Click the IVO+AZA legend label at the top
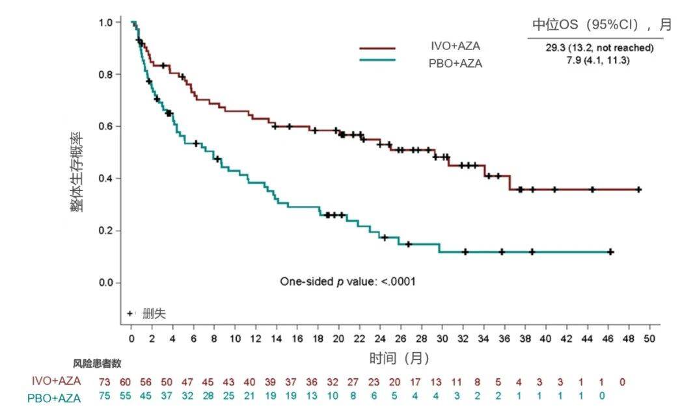click(x=452, y=47)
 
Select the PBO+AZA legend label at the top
click(x=452, y=64)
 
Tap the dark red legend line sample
click(x=377, y=48)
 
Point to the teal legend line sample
click(x=377, y=60)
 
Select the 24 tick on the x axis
click(x=380, y=339)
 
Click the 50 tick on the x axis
click(x=649, y=339)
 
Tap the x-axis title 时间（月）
click(x=400, y=358)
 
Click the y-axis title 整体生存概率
click(x=77, y=172)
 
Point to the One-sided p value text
click(x=348, y=281)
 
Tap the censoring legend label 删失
click(x=154, y=314)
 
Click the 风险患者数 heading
click(x=97, y=363)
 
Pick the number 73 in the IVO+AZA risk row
click(x=104, y=381)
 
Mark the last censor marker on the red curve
click(x=638, y=190)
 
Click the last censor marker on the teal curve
click(x=610, y=251)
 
